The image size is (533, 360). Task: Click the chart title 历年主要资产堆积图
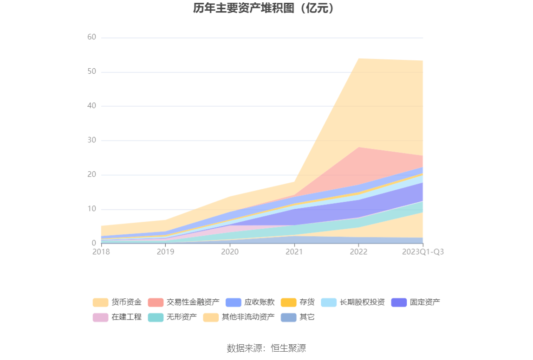264,8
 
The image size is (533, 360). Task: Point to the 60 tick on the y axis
91,38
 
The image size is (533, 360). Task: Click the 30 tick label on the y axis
91,141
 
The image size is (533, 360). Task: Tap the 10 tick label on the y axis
91,209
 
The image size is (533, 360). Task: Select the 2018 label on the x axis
101,252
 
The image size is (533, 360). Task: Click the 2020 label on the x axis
230,252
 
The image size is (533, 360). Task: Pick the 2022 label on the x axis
358,252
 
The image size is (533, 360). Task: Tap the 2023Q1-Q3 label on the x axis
422,252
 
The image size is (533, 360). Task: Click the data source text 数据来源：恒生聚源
266,348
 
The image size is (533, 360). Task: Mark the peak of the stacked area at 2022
358,58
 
